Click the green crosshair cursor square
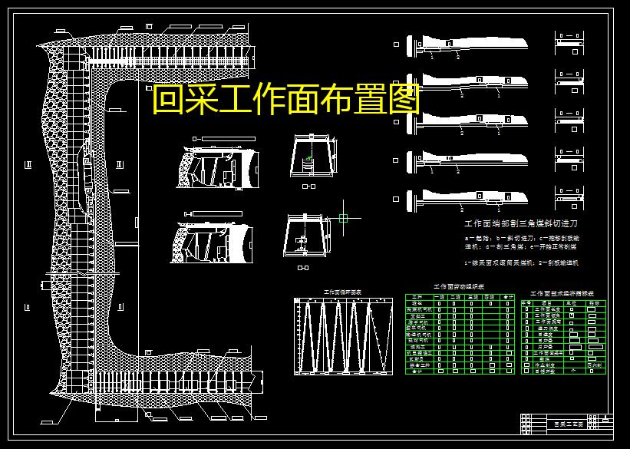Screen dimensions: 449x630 pos(343,217)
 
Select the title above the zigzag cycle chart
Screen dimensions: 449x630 pos(342,292)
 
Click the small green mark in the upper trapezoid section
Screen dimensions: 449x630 pos(309,159)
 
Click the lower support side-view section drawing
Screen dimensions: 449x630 pos(215,243)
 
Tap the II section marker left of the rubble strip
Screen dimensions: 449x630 pos(28,164)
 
